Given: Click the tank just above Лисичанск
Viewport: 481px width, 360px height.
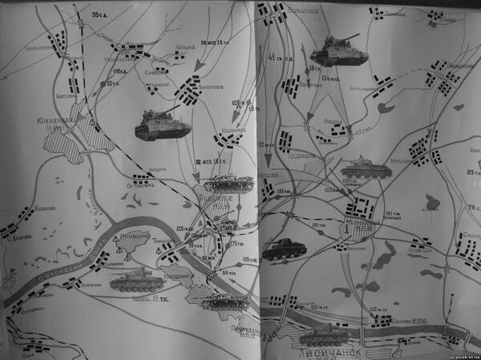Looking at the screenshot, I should coord(322,334).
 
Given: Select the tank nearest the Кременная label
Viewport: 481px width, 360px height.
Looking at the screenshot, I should coord(163,124).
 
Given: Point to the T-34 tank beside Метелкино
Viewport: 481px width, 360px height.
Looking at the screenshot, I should coord(366,168).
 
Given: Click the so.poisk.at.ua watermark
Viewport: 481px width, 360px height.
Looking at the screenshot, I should coord(455,354).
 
